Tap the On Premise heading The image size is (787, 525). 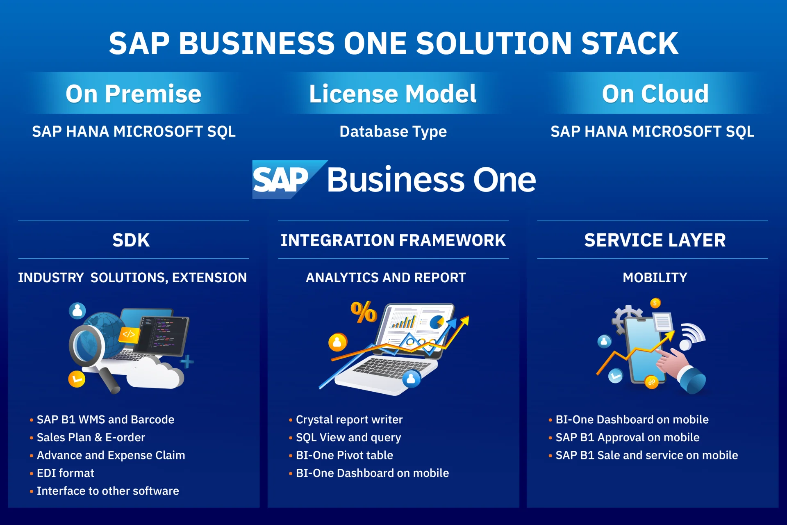point(133,94)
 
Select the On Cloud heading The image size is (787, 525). point(655,94)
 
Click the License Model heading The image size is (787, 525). point(393,94)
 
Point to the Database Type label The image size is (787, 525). point(393,132)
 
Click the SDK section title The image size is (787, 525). point(131,240)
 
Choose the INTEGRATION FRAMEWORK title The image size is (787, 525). point(393,240)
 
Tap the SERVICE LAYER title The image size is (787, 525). point(655,240)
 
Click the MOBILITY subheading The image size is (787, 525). point(655,278)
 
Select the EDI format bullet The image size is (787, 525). point(66,473)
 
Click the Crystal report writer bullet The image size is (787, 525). point(349,420)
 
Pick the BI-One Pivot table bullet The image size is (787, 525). point(344,455)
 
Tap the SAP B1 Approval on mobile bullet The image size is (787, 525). point(627,438)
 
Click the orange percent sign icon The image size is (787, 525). point(363,313)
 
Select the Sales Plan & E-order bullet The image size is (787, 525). point(91,438)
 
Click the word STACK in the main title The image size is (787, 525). point(630,43)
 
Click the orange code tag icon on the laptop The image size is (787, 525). point(129,334)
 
